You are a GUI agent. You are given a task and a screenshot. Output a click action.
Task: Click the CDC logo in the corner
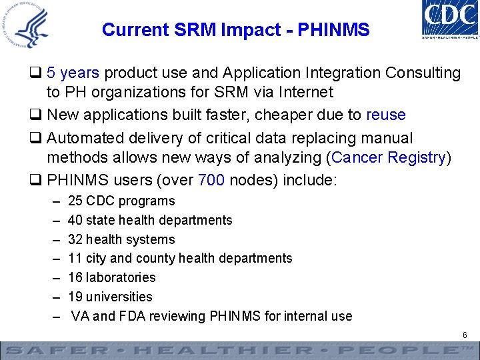pos(449,19)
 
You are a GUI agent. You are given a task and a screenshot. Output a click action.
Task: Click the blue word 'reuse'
pos(386,115)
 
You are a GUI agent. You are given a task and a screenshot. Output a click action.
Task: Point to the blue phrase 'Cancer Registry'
pos(389,157)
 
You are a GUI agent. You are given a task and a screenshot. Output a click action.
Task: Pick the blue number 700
pos(211,179)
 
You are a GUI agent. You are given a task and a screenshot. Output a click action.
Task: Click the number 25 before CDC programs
pos(75,201)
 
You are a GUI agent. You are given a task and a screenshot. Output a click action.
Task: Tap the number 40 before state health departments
pos(75,220)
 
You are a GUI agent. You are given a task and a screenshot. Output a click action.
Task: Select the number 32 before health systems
pos(75,239)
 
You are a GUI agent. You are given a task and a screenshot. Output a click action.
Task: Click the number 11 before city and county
pos(75,258)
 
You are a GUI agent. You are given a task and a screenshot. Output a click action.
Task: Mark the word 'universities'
pos(120,297)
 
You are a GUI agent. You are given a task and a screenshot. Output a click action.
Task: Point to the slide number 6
pos(464,335)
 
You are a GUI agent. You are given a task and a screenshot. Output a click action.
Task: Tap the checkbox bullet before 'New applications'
pos(37,115)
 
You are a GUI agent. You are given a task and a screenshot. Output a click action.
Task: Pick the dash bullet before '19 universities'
pos(54,297)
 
